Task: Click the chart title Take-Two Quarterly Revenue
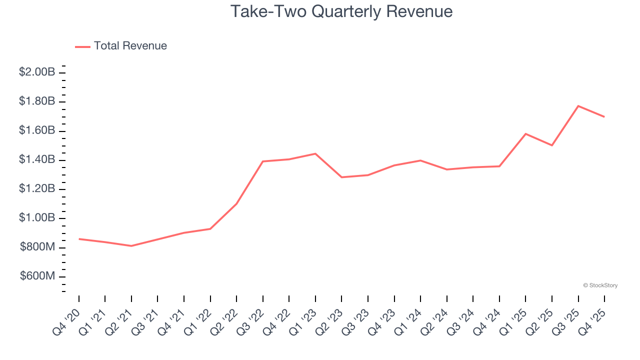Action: pos(341,11)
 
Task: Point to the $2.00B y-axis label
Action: pos(37,72)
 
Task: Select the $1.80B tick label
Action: pos(37,101)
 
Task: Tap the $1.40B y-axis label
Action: pos(37,160)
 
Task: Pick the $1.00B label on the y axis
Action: pos(37,218)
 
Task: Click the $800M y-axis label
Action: pos(38,247)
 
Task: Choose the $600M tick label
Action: pos(38,276)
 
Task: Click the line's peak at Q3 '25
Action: pos(578,106)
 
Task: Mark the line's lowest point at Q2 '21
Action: pos(131,246)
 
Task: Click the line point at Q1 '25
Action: pos(525,133)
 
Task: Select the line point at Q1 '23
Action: pos(315,153)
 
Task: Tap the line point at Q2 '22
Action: pos(236,203)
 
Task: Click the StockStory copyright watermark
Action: pos(600,285)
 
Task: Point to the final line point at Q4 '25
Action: pos(604,117)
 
